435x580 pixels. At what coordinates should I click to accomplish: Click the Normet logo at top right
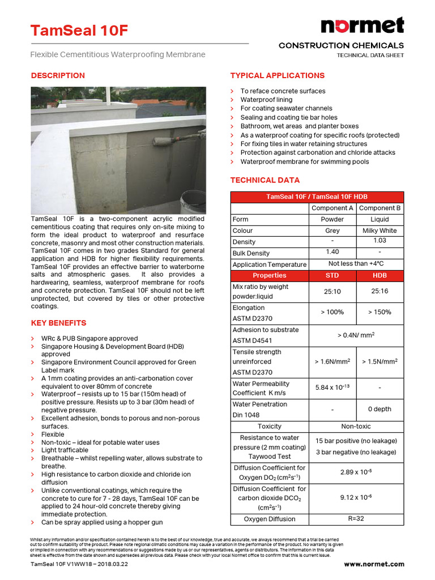pos(362,25)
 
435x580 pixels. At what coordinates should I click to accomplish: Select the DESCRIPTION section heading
pos(58,75)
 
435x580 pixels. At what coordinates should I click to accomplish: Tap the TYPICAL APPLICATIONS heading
pos(277,75)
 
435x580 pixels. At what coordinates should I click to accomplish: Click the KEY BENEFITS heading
pos(58,323)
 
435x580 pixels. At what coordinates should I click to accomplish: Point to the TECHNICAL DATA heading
pos(265,180)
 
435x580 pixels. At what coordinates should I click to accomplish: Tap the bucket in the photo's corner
pos(193,201)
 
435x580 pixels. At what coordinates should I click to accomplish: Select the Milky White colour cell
pos(379,231)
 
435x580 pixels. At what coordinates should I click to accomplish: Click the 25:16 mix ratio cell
pos(379,291)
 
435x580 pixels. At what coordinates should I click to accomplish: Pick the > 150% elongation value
pos(379,312)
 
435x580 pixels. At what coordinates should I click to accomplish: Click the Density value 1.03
pos(379,241)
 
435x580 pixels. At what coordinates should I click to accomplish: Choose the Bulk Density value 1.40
pos(332,252)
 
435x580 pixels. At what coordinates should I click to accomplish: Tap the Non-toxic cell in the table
pos(356,426)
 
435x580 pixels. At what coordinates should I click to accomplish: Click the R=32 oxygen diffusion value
pos(356,518)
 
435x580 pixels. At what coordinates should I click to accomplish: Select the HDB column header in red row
pos(379,276)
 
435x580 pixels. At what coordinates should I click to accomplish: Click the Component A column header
pos(332,208)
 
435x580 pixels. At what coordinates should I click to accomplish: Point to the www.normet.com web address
pos(374,564)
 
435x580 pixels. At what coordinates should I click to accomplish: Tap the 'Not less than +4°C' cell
pos(356,264)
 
